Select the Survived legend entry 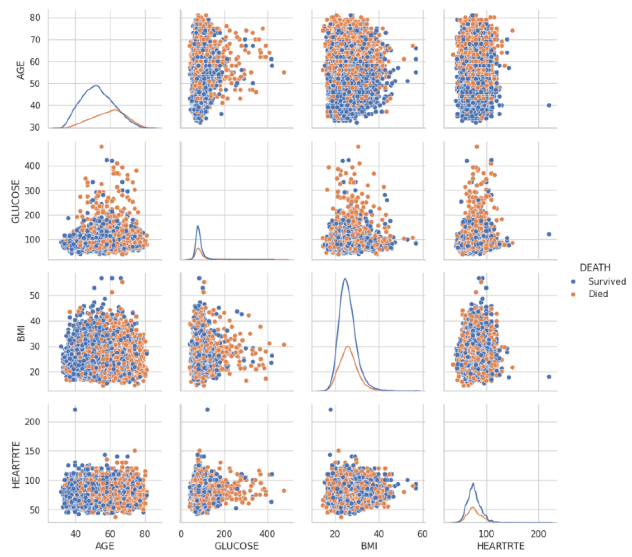[607, 282]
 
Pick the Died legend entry [598, 294]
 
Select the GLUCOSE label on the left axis [15, 201]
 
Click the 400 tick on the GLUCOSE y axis [32, 166]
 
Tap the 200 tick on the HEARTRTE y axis [32, 422]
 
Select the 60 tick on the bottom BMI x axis [422, 534]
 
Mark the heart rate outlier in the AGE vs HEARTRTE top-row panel [549, 105]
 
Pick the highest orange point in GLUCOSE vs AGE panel [101, 147]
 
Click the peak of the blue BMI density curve [345, 279]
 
